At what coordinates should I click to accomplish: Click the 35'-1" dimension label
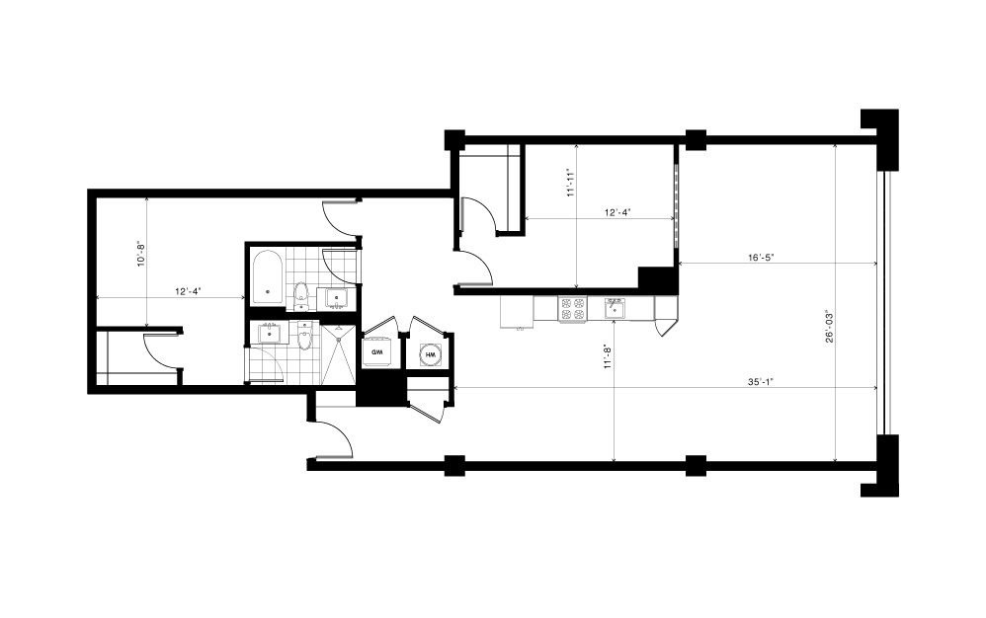tap(760, 381)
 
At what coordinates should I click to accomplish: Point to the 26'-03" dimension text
tap(830, 327)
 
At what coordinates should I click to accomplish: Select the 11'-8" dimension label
tap(608, 356)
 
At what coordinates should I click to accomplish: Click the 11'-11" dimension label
tap(571, 182)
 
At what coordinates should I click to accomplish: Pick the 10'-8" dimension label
tap(141, 252)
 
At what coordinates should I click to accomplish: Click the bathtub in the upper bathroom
tap(269, 277)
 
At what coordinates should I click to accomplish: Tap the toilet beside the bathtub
tap(301, 296)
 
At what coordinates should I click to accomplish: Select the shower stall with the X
tap(340, 353)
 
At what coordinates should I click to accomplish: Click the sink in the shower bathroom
tap(271, 334)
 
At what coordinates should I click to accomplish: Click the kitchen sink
tap(615, 308)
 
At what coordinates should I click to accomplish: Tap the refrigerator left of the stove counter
tap(517, 311)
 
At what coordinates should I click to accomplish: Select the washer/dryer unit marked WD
tap(378, 353)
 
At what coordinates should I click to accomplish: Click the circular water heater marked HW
tap(431, 354)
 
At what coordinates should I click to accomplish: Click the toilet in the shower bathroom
tap(305, 336)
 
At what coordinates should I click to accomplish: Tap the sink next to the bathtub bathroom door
tap(337, 298)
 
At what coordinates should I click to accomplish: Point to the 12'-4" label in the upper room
tap(617, 212)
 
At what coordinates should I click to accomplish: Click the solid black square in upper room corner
tap(656, 277)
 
